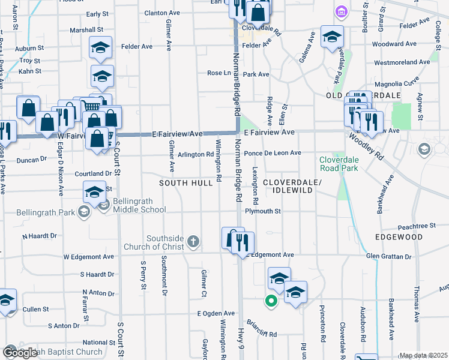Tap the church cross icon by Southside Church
(x=193, y=242)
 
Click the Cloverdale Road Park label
(x=343, y=164)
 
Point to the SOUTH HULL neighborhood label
(x=185, y=182)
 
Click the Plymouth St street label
(x=263, y=211)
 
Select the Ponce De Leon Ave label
(x=273, y=153)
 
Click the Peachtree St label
(x=416, y=226)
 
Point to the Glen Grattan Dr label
(x=390, y=256)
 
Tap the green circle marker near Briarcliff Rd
(x=271, y=302)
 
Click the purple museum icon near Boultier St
(x=342, y=12)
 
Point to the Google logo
(x=20, y=353)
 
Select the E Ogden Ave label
(x=216, y=313)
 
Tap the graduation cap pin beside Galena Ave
(x=332, y=37)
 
